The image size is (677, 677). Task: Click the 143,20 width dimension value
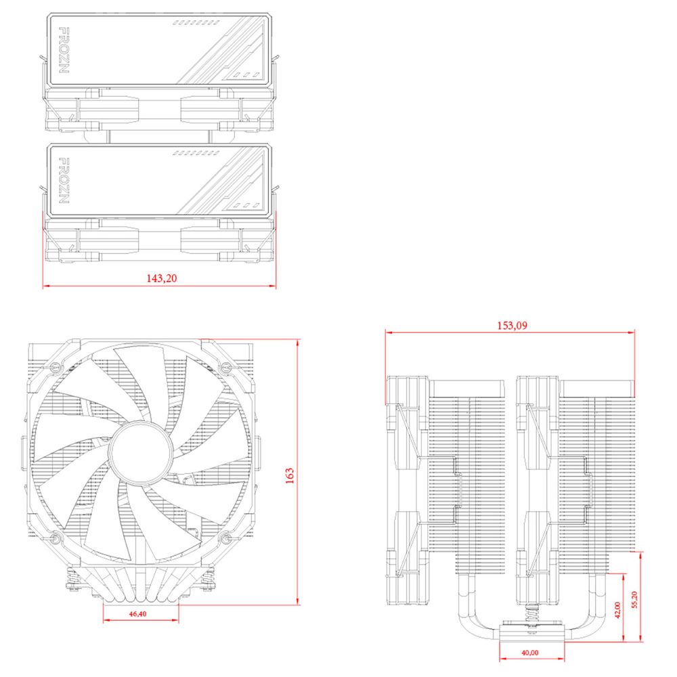click(161, 278)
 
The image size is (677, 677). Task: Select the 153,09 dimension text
click(512, 324)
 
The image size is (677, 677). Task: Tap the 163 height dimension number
click(290, 476)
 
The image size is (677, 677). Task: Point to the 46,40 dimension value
click(137, 613)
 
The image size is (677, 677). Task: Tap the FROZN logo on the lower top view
click(65, 181)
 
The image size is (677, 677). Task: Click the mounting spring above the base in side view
click(532, 619)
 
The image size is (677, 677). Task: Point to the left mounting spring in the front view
click(69, 580)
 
